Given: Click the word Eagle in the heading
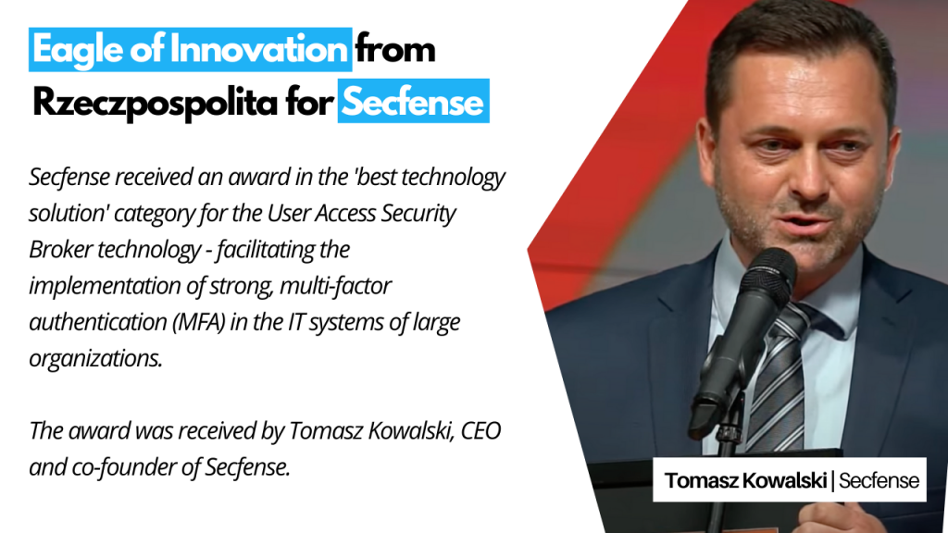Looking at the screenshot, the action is click(x=78, y=50).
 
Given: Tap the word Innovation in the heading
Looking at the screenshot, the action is click(x=258, y=48).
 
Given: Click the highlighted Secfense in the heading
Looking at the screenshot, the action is click(x=413, y=102).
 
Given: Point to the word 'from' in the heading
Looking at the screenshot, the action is click(x=395, y=48).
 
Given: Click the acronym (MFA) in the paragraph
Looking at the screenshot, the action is click(x=198, y=322).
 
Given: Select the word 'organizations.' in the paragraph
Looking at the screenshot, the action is click(x=95, y=359).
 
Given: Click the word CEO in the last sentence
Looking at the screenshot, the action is click(x=480, y=431).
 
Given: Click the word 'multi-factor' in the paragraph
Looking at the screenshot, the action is click(x=335, y=286).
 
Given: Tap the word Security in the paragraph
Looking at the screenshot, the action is click(x=418, y=214).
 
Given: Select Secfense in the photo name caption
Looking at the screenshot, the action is click(x=879, y=480).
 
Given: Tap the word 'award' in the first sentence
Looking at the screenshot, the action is click(x=252, y=177).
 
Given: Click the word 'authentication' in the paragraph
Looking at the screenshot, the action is click(x=97, y=322).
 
